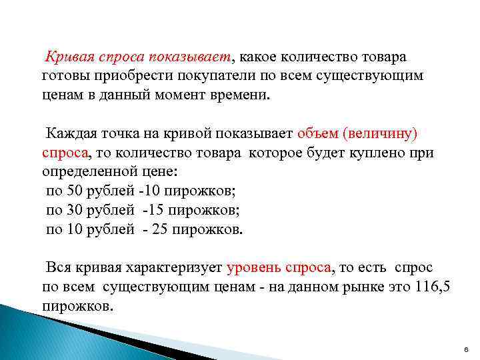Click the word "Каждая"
tap(71, 133)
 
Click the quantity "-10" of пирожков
tap(151, 191)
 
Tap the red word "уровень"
tap(255, 268)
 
